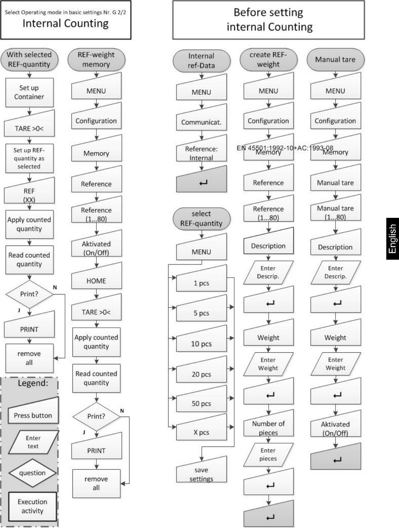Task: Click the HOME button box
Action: [x=96, y=277]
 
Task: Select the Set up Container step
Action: [x=29, y=92]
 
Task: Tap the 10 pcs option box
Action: [x=201, y=340]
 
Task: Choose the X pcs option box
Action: [x=201, y=429]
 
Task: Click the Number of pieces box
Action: [x=268, y=424]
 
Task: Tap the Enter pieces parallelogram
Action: [x=268, y=455]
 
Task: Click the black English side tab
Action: [x=392, y=239]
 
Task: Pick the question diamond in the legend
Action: [x=33, y=473]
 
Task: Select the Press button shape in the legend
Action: [x=33, y=412]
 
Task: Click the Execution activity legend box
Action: [x=33, y=506]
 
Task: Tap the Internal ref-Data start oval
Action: [x=201, y=61]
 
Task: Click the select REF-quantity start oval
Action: [x=201, y=219]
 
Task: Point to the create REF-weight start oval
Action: [x=268, y=59]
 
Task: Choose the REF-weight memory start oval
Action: [x=96, y=59]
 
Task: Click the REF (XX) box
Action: [x=29, y=192]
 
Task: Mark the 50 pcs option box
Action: [x=201, y=400]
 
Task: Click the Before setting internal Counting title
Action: [x=269, y=20]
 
